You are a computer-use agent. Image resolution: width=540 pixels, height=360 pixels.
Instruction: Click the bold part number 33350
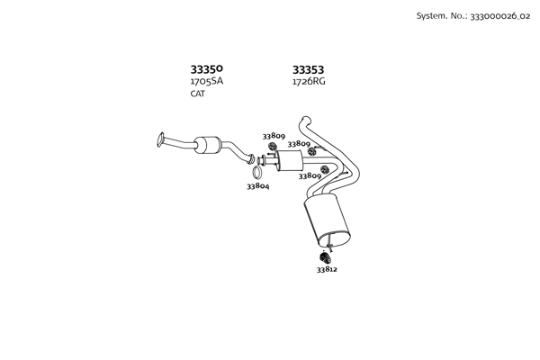pos(207,69)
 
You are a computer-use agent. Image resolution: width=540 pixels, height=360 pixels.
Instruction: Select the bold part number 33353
pos(308,69)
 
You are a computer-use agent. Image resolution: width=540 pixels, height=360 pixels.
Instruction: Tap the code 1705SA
pos(207,81)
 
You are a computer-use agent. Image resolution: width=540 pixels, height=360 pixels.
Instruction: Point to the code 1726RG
pos(309,82)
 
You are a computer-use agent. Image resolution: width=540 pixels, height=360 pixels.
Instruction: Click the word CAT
pos(198,94)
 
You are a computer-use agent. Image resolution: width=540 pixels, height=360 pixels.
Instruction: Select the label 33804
pos(258,186)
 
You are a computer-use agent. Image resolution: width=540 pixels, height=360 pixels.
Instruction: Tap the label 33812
pos(327,269)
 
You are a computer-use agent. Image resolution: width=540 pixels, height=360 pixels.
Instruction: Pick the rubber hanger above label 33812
pos(325,257)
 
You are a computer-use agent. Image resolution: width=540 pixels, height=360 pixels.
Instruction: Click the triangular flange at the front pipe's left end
pos(160,139)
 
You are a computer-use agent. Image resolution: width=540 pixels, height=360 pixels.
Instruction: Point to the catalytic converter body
pos(207,145)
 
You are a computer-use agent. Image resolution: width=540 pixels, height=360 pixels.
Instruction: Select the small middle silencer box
pos(289,160)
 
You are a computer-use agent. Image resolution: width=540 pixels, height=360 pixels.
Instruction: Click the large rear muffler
pos(327,220)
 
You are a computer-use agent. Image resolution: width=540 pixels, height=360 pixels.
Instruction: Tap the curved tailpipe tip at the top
pos(304,121)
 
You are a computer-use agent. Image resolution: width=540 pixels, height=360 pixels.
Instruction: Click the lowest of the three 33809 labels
pos(310,176)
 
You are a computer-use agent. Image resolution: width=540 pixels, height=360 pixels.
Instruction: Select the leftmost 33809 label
pos(274,136)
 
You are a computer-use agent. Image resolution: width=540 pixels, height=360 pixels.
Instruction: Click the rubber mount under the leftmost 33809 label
pos(272,147)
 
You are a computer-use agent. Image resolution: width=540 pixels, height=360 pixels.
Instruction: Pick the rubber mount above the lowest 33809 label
pos(324,169)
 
